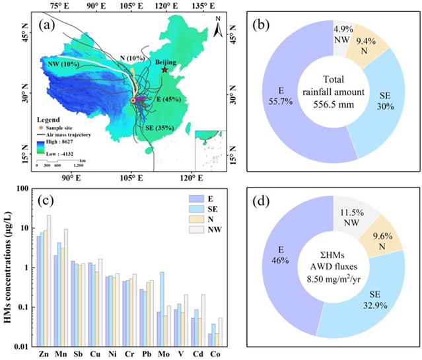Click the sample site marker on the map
pyautogui.click(x=133, y=100)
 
